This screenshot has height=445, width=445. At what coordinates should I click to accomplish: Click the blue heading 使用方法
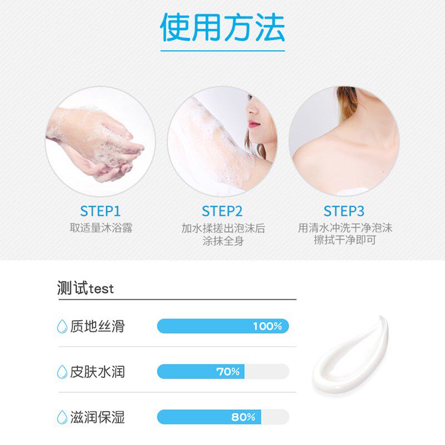pyautogui.click(x=222, y=27)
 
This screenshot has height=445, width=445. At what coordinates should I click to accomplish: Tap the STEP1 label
pyautogui.click(x=101, y=211)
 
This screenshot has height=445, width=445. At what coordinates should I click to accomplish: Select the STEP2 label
pyautogui.click(x=222, y=211)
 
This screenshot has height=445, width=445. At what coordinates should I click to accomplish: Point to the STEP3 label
pyautogui.click(x=344, y=211)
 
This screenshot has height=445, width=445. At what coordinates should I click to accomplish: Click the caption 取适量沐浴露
pyautogui.click(x=101, y=228)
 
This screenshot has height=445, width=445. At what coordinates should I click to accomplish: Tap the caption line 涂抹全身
pyautogui.click(x=223, y=241)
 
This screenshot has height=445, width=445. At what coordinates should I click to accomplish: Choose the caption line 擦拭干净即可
pyautogui.click(x=345, y=240)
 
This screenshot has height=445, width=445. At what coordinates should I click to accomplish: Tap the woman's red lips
pyautogui.click(x=254, y=123)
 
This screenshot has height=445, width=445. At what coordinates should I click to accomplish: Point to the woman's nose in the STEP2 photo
pyautogui.click(x=251, y=109)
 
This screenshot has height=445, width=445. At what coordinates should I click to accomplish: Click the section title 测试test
pyautogui.click(x=85, y=288)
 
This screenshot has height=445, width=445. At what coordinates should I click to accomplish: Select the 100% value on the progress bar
pyautogui.click(x=268, y=326)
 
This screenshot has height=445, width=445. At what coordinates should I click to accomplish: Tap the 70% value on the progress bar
pyautogui.click(x=228, y=372)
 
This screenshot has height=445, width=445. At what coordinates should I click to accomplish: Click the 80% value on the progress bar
pyautogui.click(x=243, y=417)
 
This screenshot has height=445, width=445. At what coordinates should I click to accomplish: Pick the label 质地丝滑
pyautogui.click(x=97, y=326)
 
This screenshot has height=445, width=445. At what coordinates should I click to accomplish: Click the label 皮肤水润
pyautogui.click(x=97, y=372)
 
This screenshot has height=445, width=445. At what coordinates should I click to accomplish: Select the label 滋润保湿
pyautogui.click(x=97, y=417)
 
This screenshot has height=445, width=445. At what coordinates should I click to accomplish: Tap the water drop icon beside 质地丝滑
pyautogui.click(x=62, y=327)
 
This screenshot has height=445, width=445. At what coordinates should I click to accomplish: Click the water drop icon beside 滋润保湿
pyautogui.click(x=62, y=417)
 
